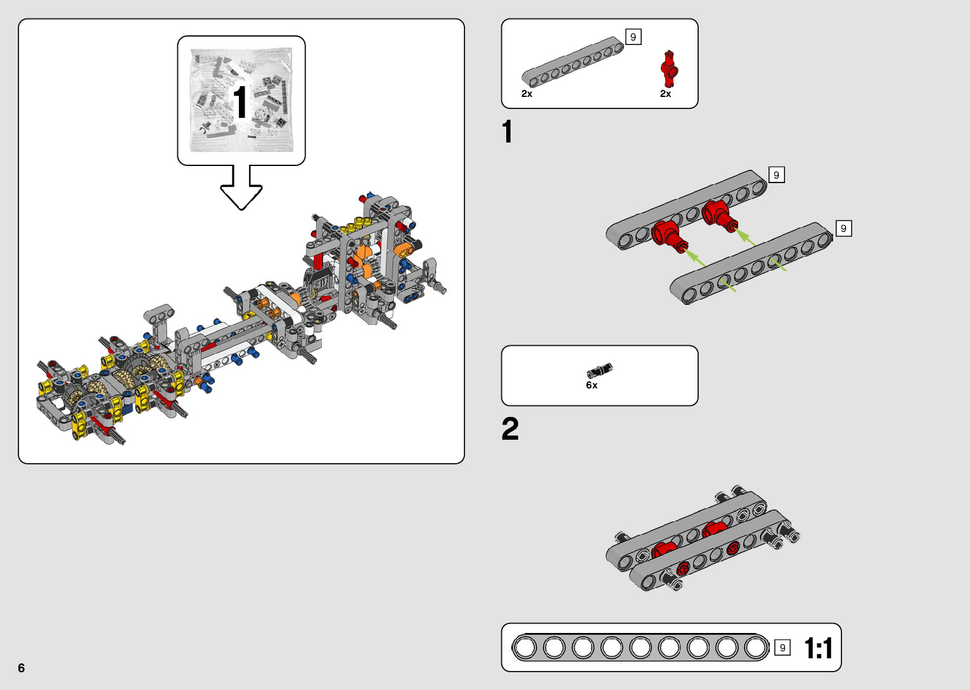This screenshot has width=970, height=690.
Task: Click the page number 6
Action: click(x=22, y=668)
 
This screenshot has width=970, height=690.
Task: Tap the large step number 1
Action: click(x=507, y=132)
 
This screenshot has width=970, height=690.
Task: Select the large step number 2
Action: click(x=510, y=429)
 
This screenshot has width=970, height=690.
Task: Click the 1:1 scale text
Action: click(x=818, y=648)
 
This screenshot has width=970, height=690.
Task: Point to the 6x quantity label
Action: click(x=592, y=385)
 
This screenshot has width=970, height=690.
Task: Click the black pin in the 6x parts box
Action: click(x=599, y=371)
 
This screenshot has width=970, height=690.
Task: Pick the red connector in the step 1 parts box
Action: click(x=668, y=68)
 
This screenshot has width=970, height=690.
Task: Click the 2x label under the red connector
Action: click(x=665, y=94)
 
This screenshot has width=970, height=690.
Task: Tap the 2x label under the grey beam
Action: click(x=526, y=94)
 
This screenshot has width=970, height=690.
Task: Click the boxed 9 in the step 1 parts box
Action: click(x=633, y=37)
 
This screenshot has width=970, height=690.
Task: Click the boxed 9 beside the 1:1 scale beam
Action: click(x=782, y=648)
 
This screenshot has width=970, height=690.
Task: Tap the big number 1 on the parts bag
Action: click(x=240, y=103)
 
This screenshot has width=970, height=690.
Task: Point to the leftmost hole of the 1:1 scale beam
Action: click(x=525, y=648)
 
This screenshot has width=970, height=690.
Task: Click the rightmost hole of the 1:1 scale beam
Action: click(x=755, y=648)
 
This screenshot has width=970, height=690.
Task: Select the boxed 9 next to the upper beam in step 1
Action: click(x=776, y=175)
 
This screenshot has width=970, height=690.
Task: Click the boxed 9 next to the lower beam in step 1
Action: click(x=843, y=228)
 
